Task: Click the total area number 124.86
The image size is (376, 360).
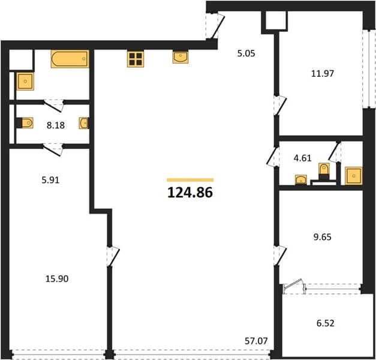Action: pos(190,193)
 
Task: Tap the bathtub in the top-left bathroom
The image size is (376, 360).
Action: pos(70,59)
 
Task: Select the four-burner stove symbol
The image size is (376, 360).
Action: pos(136,59)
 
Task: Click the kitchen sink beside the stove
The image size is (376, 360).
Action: pos(181,58)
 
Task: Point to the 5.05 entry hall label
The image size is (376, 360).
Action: pos(246,53)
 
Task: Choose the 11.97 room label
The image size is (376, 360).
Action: pos(322,73)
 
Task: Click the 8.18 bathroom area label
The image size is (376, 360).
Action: pos(56,125)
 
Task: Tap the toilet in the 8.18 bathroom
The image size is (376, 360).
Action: pos(25,123)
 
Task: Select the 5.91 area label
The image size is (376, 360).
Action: pos(50,180)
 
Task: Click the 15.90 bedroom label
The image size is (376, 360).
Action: pos(57,278)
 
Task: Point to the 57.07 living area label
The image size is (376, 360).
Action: pos(256,341)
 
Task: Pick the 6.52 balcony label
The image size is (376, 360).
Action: pos(326,323)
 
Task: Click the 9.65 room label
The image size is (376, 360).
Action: pos(322,237)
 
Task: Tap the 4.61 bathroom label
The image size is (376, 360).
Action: pos(303,158)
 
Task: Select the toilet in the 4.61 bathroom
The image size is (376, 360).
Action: pos(324,171)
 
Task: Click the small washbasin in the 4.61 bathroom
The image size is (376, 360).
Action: pos(301,180)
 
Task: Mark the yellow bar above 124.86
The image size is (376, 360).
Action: pos(190,180)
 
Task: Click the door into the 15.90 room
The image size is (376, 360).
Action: pos(113,256)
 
